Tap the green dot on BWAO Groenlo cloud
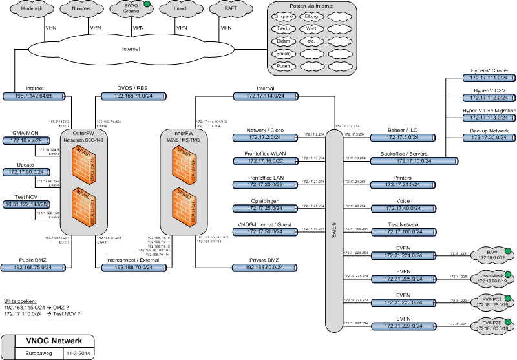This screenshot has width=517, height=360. click(147, 5)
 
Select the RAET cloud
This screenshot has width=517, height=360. click(230, 10)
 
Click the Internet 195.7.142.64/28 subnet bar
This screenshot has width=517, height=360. click(35, 96)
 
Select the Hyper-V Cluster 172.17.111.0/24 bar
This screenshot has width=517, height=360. click(489, 78)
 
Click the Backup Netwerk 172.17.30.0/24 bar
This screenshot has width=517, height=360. click(489, 138)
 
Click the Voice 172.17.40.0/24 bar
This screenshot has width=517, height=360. click(403, 209)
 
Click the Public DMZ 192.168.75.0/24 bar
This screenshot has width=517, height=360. click(35, 267)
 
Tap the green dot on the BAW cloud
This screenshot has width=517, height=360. click(508, 251)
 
